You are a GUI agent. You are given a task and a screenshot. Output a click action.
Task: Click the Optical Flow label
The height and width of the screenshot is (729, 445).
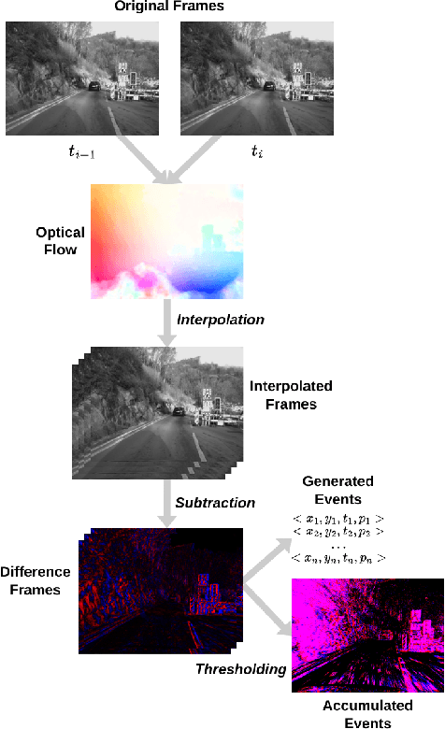click(61, 241)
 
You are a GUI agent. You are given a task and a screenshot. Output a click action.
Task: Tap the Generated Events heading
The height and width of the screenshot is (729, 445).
click(337, 491)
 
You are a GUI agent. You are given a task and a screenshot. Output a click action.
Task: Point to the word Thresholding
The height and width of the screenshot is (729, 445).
click(238, 669)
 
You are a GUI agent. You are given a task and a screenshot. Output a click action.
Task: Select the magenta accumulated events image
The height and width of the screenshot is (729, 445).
click(366, 636)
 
